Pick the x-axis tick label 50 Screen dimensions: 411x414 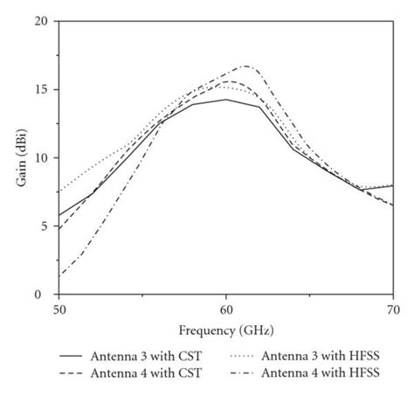pos(59,310)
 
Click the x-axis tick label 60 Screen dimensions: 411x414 pos(226,310)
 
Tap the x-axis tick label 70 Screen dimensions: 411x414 pos(393,310)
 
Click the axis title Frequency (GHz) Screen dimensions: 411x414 pos(226,332)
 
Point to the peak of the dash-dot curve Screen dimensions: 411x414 pos(247,66)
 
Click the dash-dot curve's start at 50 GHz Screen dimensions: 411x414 pos(59,276)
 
